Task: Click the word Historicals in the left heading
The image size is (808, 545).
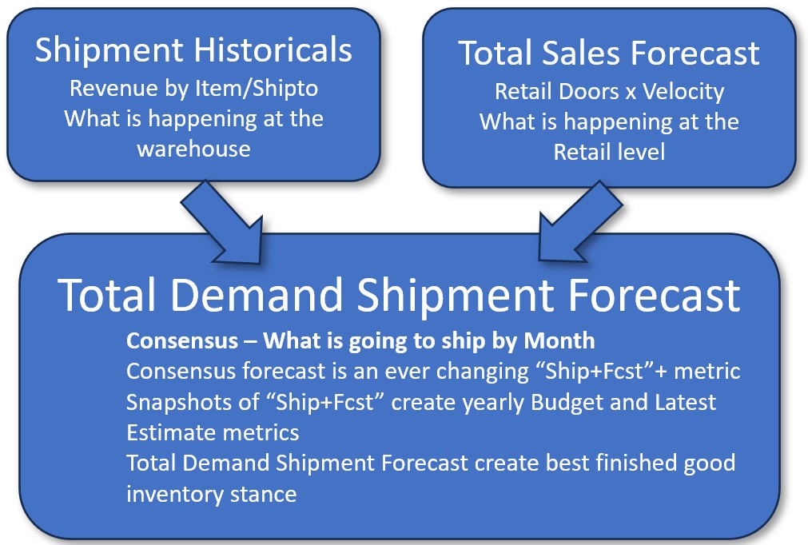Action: (x=273, y=50)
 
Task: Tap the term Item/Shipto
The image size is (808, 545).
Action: (x=257, y=90)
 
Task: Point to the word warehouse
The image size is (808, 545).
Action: (x=193, y=149)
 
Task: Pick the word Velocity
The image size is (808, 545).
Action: (x=683, y=92)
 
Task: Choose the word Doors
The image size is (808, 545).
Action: (x=589, y=92)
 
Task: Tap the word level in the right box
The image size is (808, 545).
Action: (x=643, y=152)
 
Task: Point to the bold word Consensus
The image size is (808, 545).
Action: (x=182, y=341)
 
